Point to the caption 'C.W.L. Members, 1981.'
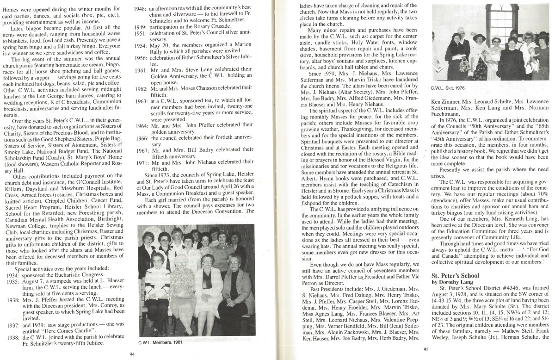pyautogui.click(x=160, y=343)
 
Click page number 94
pyautogui.click(x=132, y=354)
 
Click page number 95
pyautogui.click(x=426, y=349)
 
